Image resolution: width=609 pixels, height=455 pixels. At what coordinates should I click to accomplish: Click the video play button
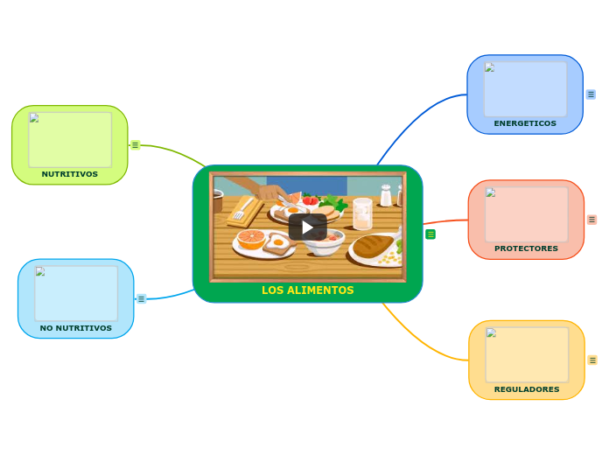[307, 227]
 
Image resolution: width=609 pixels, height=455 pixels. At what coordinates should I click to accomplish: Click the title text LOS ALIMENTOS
[307, 290]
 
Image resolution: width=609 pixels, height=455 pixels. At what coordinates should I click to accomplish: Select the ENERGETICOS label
[525, 123]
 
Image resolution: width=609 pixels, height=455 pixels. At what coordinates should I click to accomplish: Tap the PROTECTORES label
[526, 248]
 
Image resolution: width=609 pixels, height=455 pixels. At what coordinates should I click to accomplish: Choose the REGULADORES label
[527, 389]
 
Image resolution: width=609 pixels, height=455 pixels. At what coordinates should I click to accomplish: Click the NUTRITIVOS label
[70, 174]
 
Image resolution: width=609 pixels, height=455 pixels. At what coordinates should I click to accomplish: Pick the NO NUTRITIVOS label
[76, 328]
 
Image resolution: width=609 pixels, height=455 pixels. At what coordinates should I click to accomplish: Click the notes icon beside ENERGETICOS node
[591, 94]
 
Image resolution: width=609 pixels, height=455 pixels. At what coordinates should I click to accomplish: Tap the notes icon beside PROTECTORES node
[592, 220]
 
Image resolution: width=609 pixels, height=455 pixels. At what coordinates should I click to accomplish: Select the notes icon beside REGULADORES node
[592, 360]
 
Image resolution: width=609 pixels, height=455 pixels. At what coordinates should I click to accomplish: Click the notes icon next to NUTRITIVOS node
[135, 145]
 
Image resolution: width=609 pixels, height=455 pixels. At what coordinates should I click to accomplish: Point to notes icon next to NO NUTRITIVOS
[141, 298]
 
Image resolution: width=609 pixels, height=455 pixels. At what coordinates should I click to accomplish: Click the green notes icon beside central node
[430, 234]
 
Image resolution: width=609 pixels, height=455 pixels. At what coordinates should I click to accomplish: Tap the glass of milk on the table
[362, 213]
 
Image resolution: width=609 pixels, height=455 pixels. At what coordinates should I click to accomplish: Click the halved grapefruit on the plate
[251, 238]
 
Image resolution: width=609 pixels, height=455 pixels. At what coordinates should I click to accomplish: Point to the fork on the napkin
[239, 212]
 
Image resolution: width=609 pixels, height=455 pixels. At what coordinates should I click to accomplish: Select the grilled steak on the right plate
[374, 245]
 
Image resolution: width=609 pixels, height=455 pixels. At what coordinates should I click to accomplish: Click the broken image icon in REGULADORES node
[492, 332]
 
